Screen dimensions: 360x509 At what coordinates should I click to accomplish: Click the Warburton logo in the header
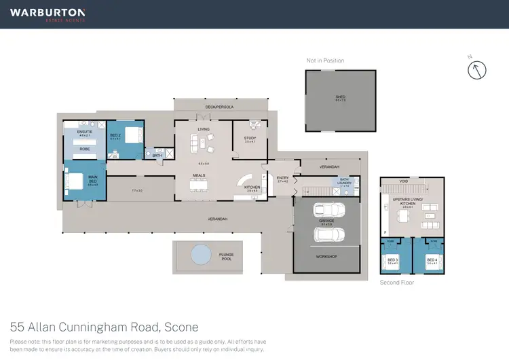[48, 14]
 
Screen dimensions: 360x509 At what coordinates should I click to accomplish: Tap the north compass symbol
[478, 69]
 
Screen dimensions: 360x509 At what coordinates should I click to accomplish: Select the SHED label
[340, 97]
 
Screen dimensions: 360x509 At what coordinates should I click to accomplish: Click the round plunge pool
[201, 255]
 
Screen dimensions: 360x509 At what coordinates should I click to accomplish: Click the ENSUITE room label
[84, 134]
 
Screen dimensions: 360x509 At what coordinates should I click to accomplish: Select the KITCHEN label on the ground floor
[252, 187]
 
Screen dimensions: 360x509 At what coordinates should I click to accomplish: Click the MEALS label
[199, 175]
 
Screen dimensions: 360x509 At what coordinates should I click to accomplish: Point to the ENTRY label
[283, 177]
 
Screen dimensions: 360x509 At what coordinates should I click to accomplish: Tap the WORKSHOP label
[326, 257]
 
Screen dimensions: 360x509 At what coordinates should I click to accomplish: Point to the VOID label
[404, 181]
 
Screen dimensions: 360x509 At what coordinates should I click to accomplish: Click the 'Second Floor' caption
[397, 282]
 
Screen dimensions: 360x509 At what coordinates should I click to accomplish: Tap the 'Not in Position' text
[325, 60]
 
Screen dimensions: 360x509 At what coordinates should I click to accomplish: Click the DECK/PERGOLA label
[219, 107]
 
